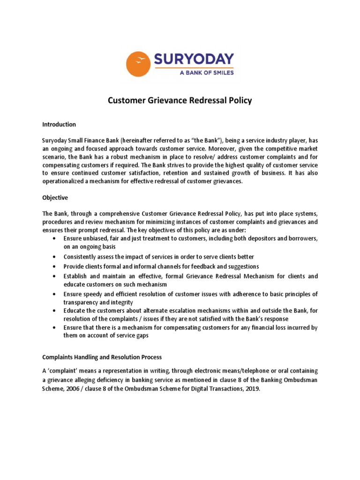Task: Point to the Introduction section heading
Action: coord(59,125)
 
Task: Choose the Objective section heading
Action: coord(55,198)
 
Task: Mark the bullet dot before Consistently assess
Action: coord(55,257)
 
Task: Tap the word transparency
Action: coord(82,302)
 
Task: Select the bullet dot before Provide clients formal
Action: coord(55,267)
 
